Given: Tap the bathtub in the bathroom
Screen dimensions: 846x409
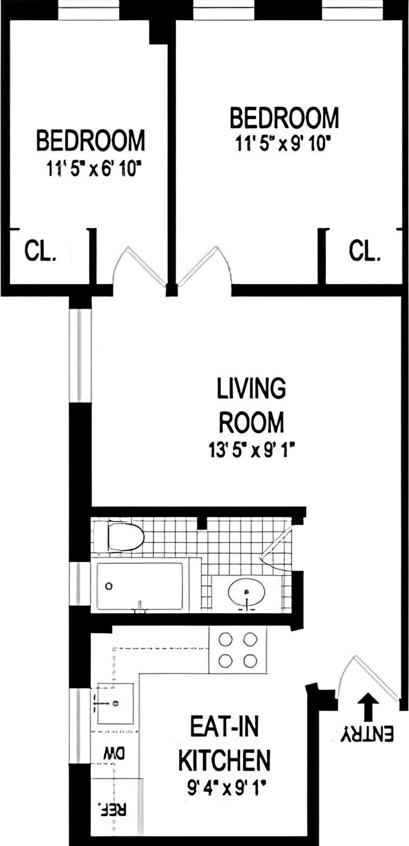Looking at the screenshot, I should pos(140,586).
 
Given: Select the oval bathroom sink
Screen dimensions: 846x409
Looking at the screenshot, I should pos(246,592).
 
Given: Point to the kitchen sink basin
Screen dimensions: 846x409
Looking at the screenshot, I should pos(115,703).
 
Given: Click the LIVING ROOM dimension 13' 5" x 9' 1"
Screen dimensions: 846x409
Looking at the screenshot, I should pos(251,452).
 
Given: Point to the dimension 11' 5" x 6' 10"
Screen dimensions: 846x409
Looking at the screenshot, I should pos(91,169).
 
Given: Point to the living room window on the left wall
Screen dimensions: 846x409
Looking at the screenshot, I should pos(80,355).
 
